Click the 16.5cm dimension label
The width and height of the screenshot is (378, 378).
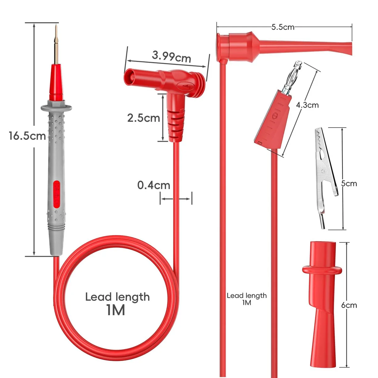point(27,136)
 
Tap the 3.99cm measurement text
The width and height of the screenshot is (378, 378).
point(171,57)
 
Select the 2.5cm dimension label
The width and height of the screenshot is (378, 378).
point(144,118)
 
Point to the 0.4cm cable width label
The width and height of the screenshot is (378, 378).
point(154,185)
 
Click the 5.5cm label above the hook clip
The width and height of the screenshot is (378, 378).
point(283,27)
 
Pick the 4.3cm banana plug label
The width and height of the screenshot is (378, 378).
point(307,105)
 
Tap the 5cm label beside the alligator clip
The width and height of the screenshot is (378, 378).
point(349,183)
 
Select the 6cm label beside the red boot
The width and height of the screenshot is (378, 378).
point(349,305)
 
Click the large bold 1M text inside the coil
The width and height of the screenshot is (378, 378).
point(116,310)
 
